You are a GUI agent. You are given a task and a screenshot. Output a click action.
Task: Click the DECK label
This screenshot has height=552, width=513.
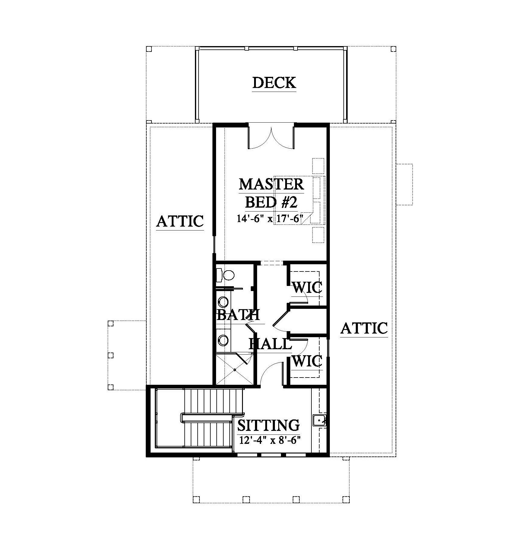[274, 83]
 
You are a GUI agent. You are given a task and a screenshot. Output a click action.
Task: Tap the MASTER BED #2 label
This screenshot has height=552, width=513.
[271, 193]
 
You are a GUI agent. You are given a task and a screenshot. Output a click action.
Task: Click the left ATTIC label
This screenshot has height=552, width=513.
[180, 221]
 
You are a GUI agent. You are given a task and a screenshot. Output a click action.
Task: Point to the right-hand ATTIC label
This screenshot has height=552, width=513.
[364, 328]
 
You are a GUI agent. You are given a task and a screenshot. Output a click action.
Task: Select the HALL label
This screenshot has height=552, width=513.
[270, 344]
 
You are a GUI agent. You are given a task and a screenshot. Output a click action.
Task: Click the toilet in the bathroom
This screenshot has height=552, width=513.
[226, 274]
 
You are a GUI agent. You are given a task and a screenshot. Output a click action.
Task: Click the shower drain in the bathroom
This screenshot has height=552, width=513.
[234, 369]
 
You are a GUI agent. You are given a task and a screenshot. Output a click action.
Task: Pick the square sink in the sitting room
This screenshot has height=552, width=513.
[319, 420]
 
